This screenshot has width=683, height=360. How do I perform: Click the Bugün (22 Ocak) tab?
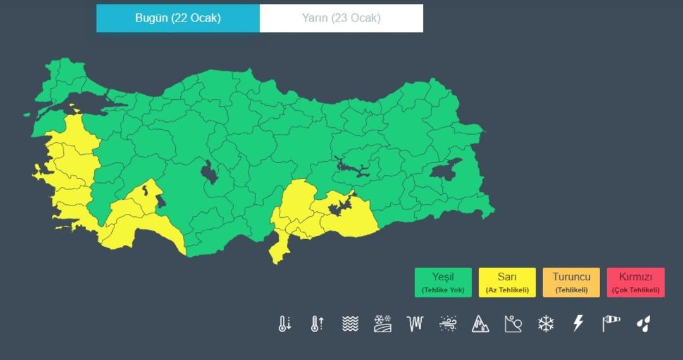click(x=178, y=18)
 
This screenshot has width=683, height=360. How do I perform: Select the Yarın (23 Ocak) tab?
click(x=341, y=18)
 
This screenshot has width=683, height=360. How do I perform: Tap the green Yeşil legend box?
click(x=443, y=282)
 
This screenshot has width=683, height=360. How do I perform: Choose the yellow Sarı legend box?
click(x=507, y=282)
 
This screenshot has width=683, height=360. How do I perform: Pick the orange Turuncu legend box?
click(x=571, y=282)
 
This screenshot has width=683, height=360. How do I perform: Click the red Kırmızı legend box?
click(x=636, y=282)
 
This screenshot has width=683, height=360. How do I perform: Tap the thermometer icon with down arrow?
click(x=285, y=324)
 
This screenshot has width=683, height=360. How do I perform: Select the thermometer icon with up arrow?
click(x=317, y=324)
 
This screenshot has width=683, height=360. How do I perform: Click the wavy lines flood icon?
click(x=350, y=324)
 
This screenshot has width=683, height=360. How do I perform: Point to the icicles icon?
click(x=415, y=324)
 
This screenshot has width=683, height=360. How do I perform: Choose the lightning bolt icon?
click(x=578, y=324)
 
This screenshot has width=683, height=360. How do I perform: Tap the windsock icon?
click(x=611, y=324)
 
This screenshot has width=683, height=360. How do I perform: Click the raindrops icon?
click(x=643, y=324)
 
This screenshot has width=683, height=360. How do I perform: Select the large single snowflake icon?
click(x=546, y=324)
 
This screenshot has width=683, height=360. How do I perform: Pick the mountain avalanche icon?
click(x=481, y=324)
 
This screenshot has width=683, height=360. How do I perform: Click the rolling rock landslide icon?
click(x=513, y=324)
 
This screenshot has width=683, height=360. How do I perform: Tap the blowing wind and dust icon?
click(x=448, y=324)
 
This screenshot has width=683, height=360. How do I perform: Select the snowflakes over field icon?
click(x=383, y=324)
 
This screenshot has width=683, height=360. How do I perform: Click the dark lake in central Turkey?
click(x=209, y=172)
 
